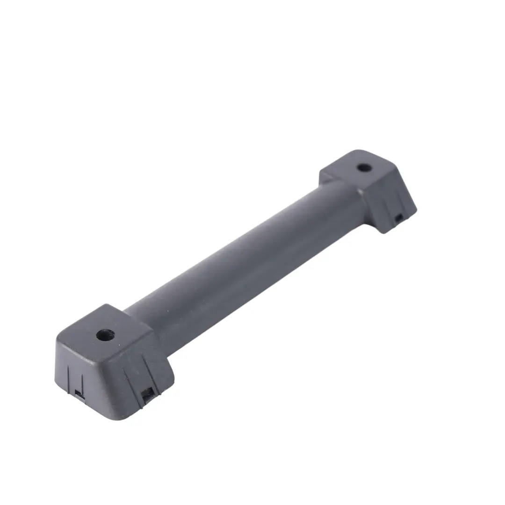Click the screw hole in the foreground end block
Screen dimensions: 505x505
pyautogui.click(x=105, y=335)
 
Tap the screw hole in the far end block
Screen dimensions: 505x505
pyautogui.click(x=363, y=167)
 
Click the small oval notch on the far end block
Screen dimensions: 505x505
pyautogui.click(x=398, y=217)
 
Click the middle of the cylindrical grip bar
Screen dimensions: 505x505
pyautogui.click(x=243, y=262)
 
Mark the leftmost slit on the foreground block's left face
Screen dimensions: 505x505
pyautogui.click(x=69, y=376)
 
